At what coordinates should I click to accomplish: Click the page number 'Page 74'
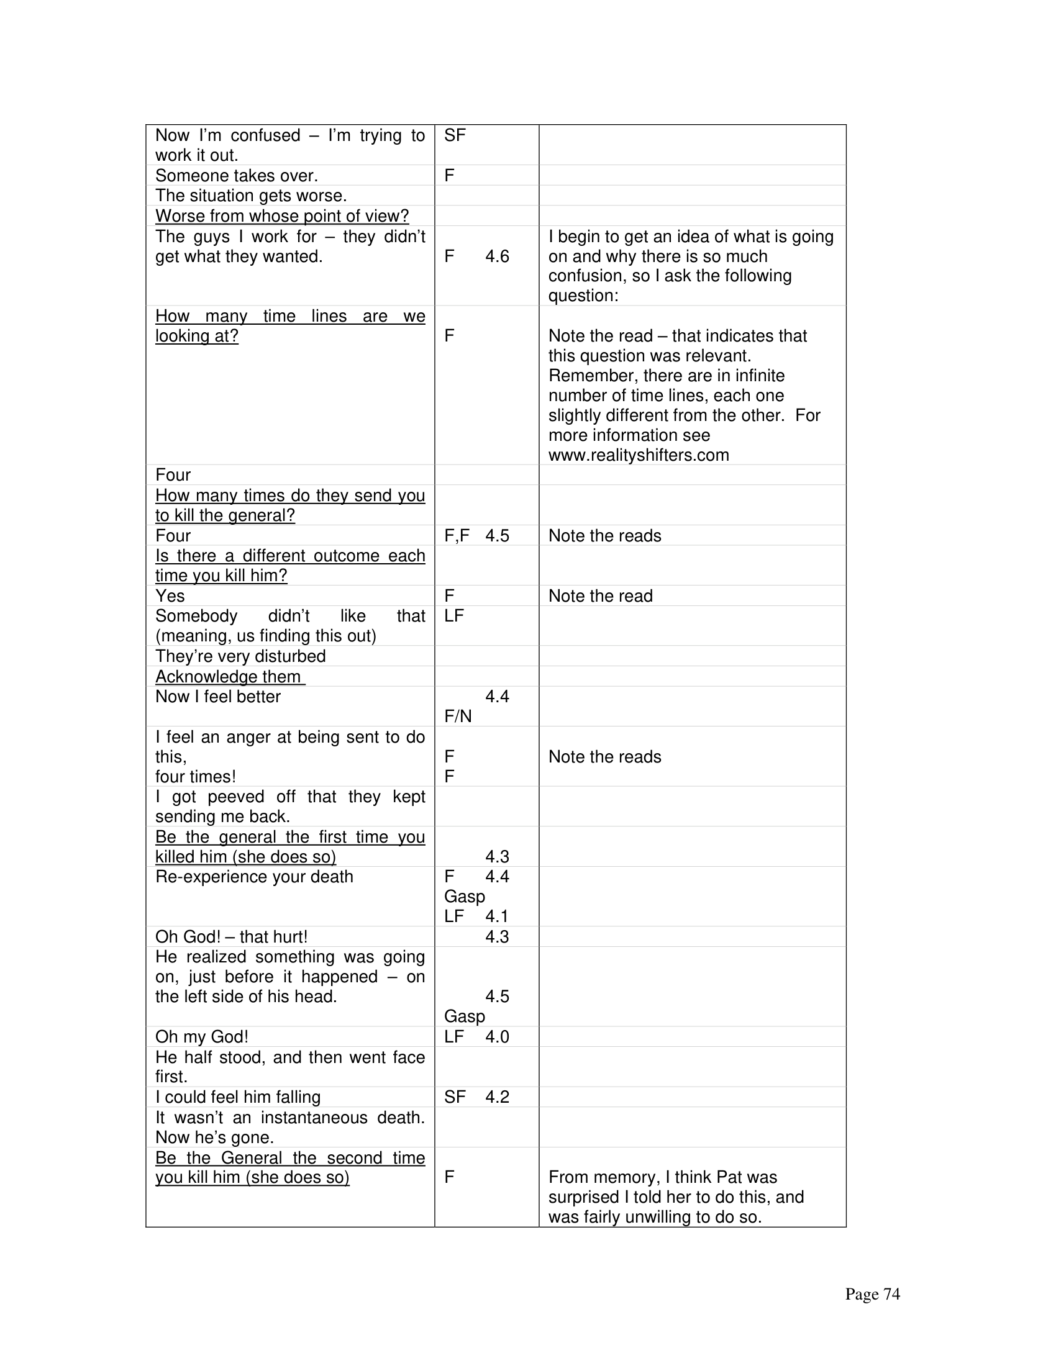tap(872, 1294)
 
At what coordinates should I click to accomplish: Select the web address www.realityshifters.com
tap(638, 455)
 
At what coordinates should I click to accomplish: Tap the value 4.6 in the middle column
tap(497, 256)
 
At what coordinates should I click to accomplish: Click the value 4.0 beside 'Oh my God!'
tap(497, 1036)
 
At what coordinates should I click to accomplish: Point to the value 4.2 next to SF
tap(497, 1097)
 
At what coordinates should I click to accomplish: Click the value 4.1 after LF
tap(497, 916)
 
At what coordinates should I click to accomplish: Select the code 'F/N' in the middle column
tap(458, 716)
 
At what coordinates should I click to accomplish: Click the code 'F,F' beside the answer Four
tap(457, 535)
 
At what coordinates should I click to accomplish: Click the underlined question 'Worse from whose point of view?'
tap(281, 216)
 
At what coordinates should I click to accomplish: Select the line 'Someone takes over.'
tap(237, 176)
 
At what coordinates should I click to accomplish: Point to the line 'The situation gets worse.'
tap(251, 196)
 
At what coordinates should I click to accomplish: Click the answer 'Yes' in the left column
tap(170, 595)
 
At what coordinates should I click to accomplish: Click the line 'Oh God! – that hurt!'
tap(232, 936)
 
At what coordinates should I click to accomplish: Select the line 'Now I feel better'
tap(217, 697)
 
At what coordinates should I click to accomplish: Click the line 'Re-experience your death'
tap(254, 877)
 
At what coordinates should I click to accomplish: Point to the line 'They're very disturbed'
tap(240, 656)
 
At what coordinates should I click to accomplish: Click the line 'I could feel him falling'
tap(238, 1097)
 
